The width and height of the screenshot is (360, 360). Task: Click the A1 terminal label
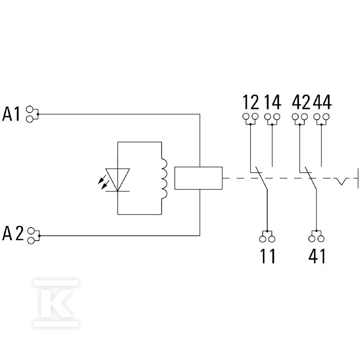11,114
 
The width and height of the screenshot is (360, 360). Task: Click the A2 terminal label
13,233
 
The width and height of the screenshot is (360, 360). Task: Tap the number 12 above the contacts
251,102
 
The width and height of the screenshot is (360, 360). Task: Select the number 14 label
272,102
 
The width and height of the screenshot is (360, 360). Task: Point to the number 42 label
301,102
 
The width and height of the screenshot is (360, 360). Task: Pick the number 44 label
322,102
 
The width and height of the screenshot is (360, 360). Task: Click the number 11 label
268,256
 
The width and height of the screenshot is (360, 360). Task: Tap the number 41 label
317,256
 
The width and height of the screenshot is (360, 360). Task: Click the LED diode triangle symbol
117,180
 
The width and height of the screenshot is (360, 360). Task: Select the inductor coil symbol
164,178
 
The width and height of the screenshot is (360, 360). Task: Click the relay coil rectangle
198,178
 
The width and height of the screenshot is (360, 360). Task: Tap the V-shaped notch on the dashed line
341,181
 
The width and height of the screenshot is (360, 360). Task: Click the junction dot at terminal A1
38,114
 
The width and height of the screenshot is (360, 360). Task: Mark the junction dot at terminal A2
39,236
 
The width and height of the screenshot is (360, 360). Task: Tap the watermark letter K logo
56,303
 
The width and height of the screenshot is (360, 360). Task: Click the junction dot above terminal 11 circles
267,231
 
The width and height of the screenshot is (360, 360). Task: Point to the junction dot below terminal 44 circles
321,125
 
